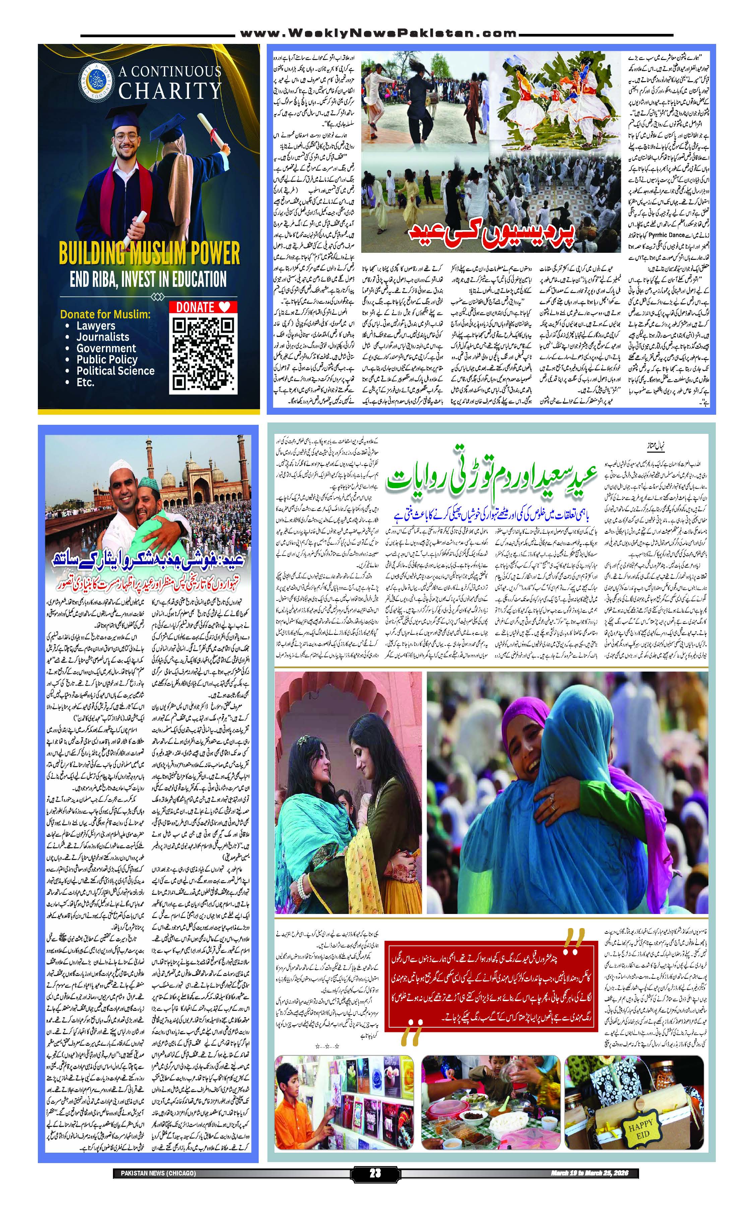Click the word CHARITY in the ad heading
pyautogui.click(x=170, y=91)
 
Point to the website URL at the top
pyautogui.click(x=377, y=34)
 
